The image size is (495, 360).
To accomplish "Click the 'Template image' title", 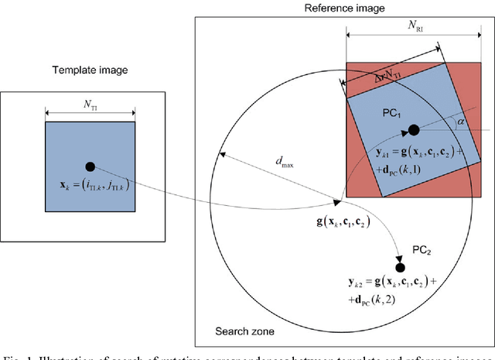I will pyautogui.click(x=90, y=70).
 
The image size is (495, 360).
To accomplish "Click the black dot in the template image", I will pyautogui.click(x=90, y=166).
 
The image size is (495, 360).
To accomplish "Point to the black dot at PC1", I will pyautogui.click(x=413, y=129).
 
